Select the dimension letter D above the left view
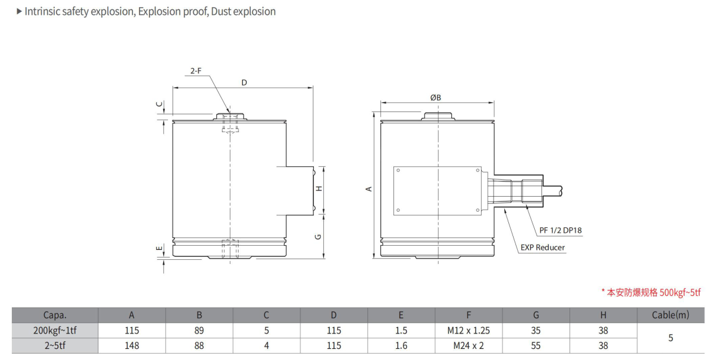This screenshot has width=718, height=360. pos(244,82)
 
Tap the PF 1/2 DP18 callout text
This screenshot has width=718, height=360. pos(561,230)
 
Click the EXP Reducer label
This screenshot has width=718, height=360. pos(542,247)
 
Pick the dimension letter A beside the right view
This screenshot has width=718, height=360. pos(369,189)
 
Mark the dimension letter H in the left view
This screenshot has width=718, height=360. pos(319,189)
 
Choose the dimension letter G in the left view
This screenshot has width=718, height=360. pos(318,237)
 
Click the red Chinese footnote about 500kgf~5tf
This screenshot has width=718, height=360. pos(650,292)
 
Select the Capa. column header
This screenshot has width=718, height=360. pos(55,315)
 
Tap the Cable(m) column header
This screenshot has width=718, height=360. pos(670,315)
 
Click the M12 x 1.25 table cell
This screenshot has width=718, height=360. pos(469,331)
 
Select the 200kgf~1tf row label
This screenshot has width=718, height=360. pos(55,331)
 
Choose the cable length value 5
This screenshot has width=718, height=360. pos(670,338)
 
